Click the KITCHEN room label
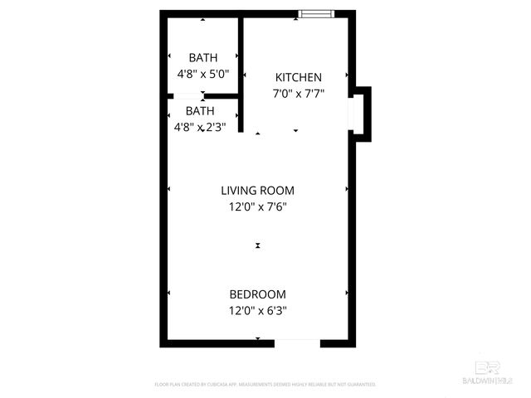coord(298,77)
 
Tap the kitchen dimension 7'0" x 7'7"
coord(298,93)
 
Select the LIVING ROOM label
coord(257,190)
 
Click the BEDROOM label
coord(257,294)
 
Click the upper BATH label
coord(203,58)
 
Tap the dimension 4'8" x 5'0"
coord(203,74)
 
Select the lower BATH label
coord(199,111)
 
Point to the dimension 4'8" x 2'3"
coord(199,127)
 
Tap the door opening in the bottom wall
coord(296,341)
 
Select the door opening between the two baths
coord(188,98)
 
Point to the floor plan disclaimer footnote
coord(265,385)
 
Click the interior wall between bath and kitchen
coord(241,75)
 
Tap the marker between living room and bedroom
coord(258,245)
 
